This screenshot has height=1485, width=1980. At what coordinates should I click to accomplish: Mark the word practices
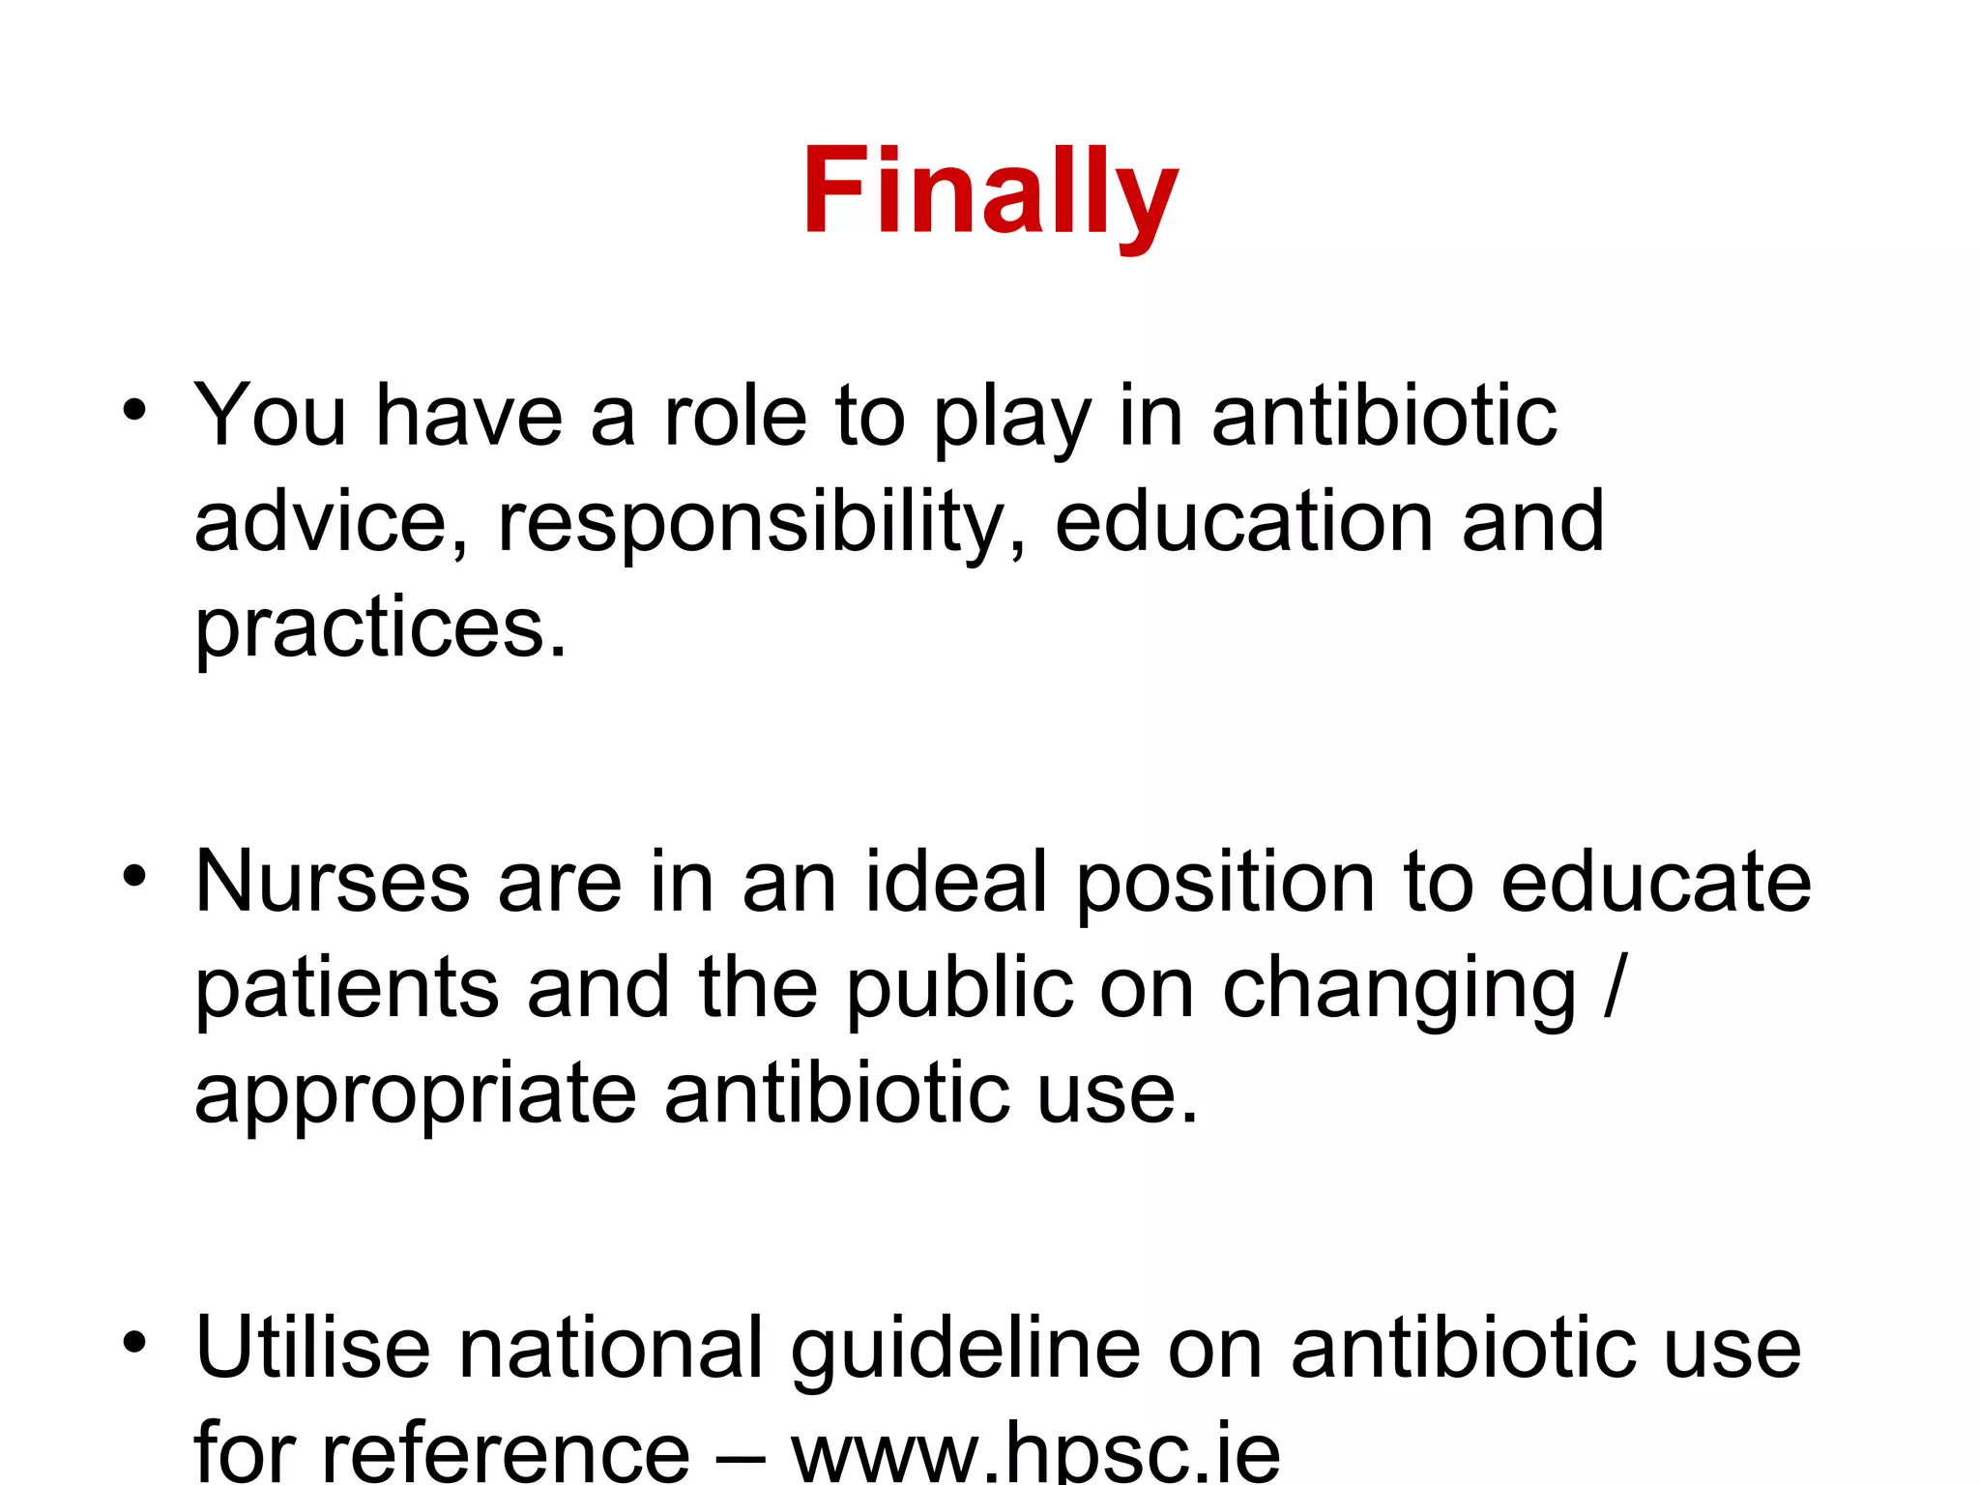[380, 628]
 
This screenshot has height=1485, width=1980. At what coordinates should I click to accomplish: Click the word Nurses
[333, 882]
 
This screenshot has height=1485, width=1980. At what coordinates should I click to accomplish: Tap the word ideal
[956, 882]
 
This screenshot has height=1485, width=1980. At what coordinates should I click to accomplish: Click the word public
[960, 988]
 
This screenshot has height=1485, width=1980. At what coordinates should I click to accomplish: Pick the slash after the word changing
[1614, 988]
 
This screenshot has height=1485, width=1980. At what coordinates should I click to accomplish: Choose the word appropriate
[415, 1095]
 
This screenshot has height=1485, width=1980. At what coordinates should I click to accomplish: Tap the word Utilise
[312, 1348]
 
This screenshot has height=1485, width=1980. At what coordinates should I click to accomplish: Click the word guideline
[966, 1350]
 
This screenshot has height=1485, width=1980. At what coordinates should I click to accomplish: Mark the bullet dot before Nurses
[134, 876]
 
